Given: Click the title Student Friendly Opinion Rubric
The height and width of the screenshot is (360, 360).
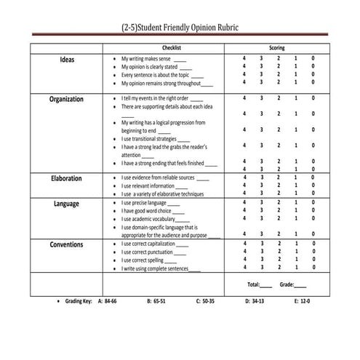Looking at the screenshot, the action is click(x=179, y=27).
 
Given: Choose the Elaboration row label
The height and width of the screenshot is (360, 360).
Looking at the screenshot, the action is click(x=66, y=177).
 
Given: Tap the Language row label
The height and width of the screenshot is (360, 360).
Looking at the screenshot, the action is click(x=66, y=204).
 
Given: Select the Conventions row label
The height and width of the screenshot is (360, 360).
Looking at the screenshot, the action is click(x=66, y=244).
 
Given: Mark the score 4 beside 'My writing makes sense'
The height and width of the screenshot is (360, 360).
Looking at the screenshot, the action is click(x=244, y=58).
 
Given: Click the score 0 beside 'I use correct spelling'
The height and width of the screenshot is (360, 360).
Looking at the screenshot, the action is click(x=313, y=260).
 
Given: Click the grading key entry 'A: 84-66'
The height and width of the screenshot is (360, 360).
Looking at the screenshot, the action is click(x=107, y=300).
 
